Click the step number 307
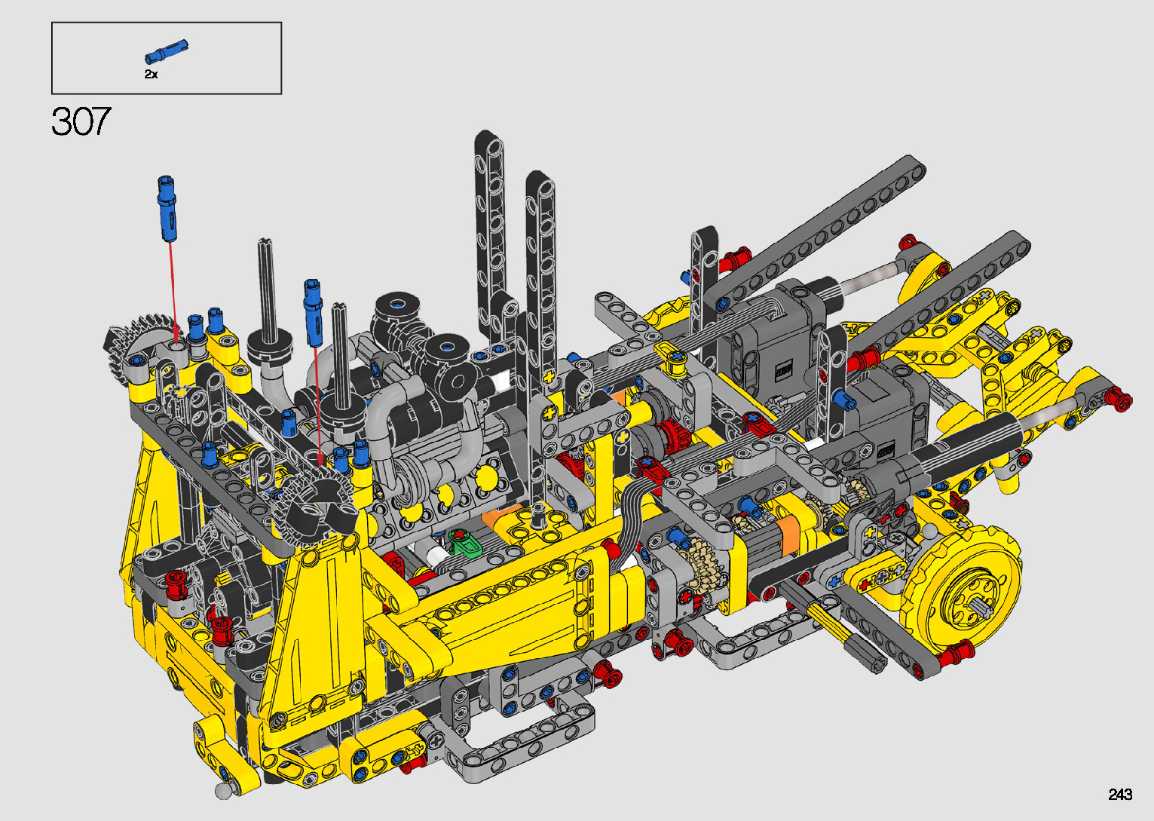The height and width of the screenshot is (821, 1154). pyautogui.click(x=81, y=121)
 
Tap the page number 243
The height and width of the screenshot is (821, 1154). pyautogui.click(x=1120, y=794)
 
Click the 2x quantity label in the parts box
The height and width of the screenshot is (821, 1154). pyautogui.click(x=151, y=74)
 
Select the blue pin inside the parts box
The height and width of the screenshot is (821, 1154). pyautogui.click(x=166, y=52)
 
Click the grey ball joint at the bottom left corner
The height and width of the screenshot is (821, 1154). pyautogui.click(x=223, y=791)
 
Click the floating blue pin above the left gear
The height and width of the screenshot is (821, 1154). pyautogui.click(x=167, y=208)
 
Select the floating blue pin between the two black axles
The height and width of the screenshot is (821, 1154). pyautogui.click(x=314, y=312)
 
